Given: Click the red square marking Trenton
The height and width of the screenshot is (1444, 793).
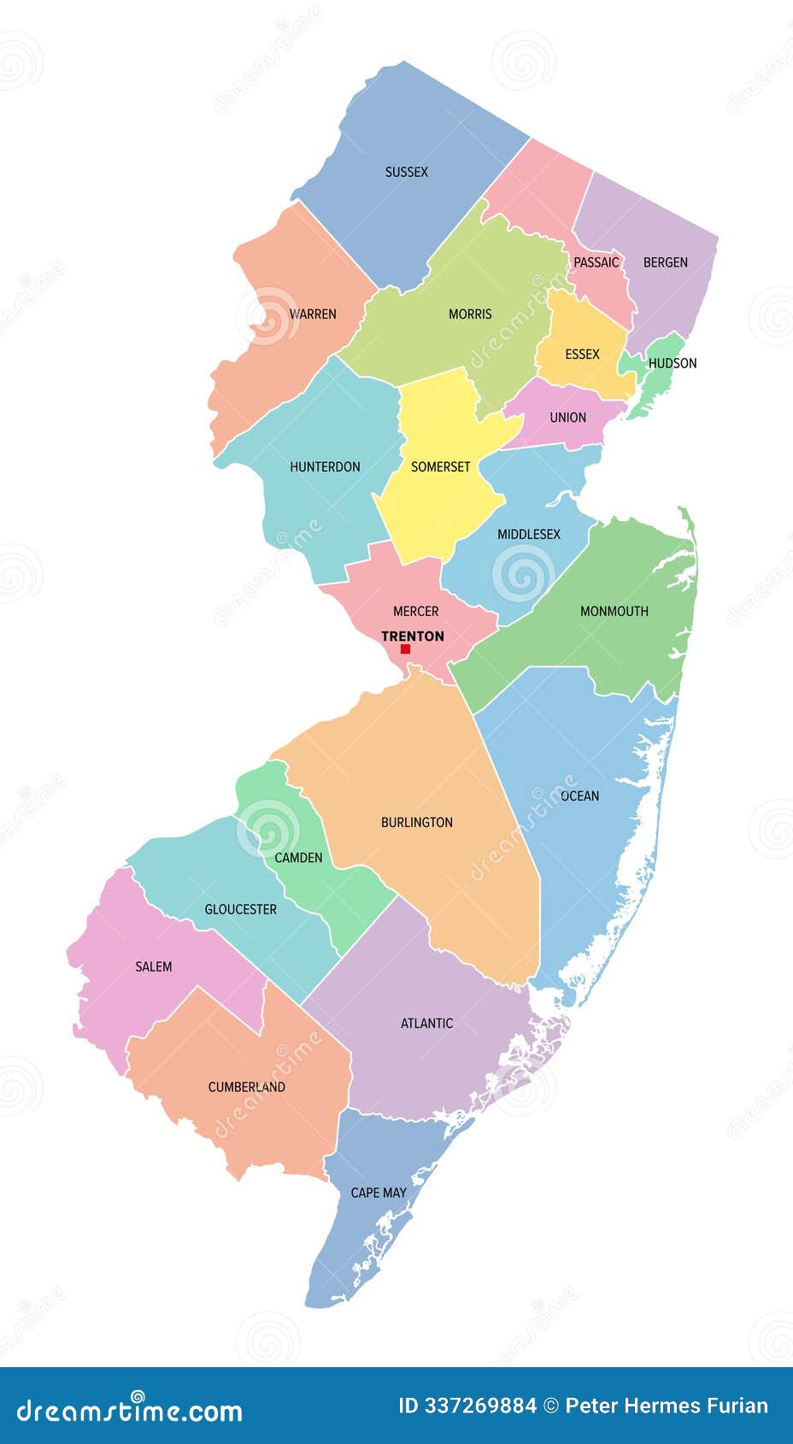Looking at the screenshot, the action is tap(405, 649).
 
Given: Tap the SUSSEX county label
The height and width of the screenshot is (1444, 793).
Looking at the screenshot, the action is tap(406, 172).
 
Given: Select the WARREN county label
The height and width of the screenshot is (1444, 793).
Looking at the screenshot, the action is tap(313, 314).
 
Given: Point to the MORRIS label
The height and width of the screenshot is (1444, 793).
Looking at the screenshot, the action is tap(470, 314).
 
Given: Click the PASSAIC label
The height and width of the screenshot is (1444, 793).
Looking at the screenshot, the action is tap(596, 262).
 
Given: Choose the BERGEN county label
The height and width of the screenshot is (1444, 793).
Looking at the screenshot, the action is tap(665, 262).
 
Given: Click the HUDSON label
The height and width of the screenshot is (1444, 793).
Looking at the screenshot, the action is tap(673, 363).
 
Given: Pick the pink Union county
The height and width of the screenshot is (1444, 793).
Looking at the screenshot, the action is tap(567, 418).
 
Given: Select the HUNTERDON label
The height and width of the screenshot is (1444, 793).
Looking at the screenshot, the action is tap(325, 467).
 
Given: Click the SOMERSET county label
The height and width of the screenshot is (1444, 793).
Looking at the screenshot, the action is tap(440, 467).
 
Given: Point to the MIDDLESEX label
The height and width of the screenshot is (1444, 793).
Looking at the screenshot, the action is tap(529, 534).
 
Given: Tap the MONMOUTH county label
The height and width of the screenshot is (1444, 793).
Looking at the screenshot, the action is tap(614, 611).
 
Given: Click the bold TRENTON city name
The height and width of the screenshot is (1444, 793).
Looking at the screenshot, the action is tap(413, 636).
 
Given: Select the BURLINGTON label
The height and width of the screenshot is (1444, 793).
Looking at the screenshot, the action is tap(417, 822).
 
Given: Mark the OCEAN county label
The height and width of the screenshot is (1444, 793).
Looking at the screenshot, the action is tap(579, 795).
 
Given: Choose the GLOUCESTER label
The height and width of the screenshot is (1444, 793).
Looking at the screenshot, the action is tap(240, 909).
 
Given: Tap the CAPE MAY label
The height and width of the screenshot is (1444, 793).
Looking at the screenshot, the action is tap(379, 1192).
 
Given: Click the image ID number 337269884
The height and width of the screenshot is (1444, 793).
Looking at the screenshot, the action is tap(481, 1406).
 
